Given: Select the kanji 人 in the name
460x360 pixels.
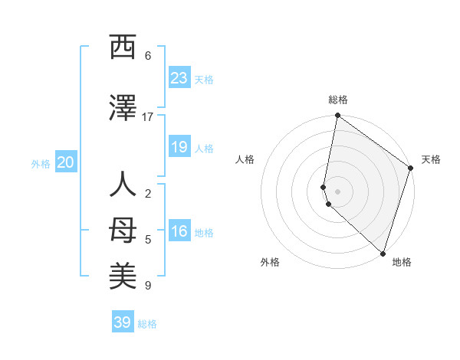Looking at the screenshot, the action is [x=123, y=186].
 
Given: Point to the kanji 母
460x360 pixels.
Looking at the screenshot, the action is [x=123, y=230].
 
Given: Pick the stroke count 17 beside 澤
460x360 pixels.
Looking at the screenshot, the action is [x=148, y=117].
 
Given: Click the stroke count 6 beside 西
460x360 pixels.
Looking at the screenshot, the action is [x=148, y=56].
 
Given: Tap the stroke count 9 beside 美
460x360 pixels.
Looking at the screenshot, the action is [x=148, y=286].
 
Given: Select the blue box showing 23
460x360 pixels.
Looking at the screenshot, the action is [x=179, y=78].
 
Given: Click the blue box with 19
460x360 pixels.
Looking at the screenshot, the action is [x=179, y=147].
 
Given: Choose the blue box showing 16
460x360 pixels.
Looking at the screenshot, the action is [x=179, y=232].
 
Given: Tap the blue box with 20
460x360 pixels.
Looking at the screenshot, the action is [x=66, y=162].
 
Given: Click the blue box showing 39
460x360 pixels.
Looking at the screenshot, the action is [x=123, y=322].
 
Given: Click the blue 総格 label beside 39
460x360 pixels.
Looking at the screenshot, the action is [x=148, y=324].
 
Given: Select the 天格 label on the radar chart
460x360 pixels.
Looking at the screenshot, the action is [x=431, y=159].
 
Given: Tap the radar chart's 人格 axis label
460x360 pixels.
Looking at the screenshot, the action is [x=245, y=159].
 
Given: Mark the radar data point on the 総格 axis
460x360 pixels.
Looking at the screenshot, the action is [x=337, y=116].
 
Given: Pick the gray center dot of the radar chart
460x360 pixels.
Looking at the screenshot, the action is [x=337, y=191].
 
